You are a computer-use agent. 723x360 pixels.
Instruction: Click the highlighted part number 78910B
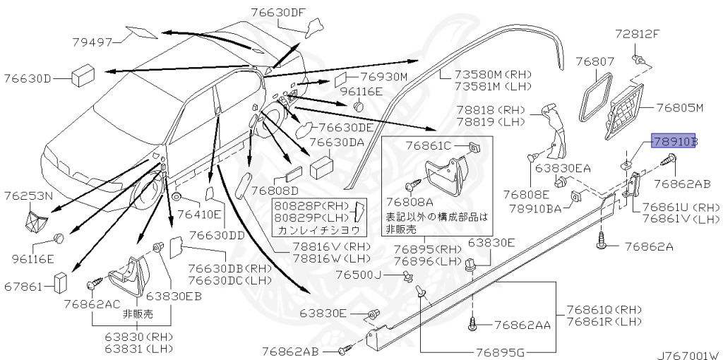click(674, 141)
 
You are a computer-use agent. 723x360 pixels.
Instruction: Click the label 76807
click(594, 62)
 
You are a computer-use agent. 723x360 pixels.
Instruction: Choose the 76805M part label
click(681, 108)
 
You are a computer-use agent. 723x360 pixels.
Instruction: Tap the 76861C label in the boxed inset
click(428, 146)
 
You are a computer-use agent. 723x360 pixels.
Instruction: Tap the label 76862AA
click(522, 325)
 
